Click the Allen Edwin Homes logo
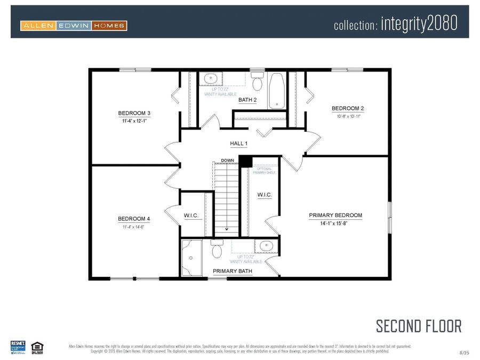(x=74, y=25)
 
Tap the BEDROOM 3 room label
(x=134, y=113)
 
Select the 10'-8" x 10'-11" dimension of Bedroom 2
(x=347, y=116)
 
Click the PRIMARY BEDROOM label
(x=335, y=215)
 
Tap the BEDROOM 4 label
(x=134, y=219)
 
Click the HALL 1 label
(x=238, y=143)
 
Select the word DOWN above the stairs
(x=228, y=160)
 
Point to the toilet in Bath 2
(x=257, y=83)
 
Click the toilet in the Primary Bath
(x=217, y=250)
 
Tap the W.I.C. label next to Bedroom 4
(x=191, y=215)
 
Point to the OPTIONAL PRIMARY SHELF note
(x=265, y=171)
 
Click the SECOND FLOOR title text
(x=418, y=326)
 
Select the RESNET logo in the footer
(x=18, y=346)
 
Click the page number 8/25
(x=464, y=353)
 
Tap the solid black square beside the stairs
(x=245, y=162)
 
